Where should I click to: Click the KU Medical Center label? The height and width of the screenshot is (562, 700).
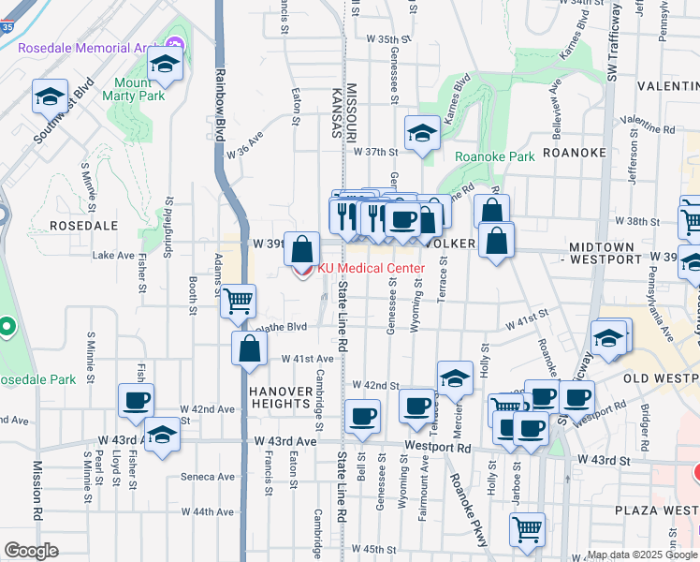372,268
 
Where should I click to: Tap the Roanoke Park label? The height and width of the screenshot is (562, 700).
494,156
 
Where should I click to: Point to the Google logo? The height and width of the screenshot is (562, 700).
32,551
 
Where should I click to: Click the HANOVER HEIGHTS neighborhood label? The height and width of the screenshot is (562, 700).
280,396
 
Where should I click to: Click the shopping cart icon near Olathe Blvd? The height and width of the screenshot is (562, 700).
239,301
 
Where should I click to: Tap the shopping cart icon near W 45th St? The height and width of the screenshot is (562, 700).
527,528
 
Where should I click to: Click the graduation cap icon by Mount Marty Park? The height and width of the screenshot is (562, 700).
165,64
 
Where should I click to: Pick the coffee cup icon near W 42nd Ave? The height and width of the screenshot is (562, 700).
136,400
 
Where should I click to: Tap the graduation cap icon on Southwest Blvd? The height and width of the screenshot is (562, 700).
49,96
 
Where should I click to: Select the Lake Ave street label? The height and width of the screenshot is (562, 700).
113,255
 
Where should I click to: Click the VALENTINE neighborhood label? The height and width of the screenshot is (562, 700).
666,85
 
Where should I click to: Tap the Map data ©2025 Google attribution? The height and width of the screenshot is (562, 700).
640,555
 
